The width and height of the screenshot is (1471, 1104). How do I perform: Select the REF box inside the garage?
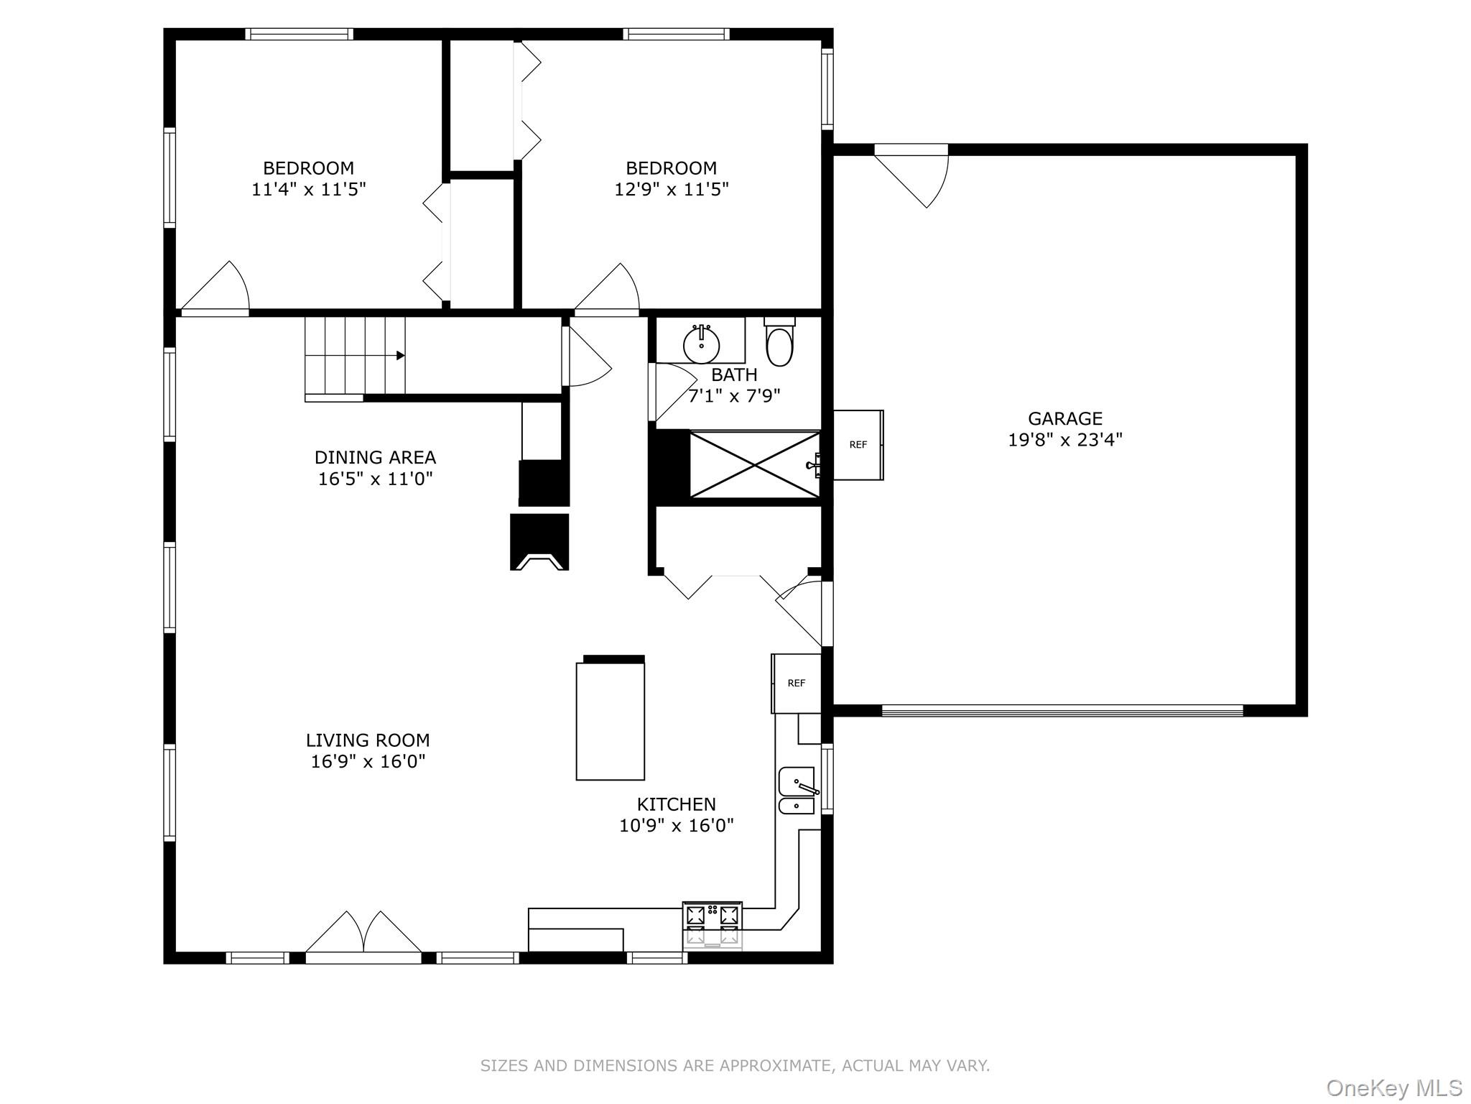point(858,445)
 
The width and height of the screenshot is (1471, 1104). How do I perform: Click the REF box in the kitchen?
point(796,684)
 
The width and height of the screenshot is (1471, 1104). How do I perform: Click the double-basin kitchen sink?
point(797,791)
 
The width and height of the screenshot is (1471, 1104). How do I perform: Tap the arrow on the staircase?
point(400,356)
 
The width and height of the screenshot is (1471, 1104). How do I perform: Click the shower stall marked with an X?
point(754,464)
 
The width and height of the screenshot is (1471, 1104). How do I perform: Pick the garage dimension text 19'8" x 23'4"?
point(1064,440)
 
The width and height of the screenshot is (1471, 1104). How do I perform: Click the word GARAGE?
point(1064,418)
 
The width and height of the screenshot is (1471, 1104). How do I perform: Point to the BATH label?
point(734,375)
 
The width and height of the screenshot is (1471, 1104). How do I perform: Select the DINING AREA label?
point(375,457)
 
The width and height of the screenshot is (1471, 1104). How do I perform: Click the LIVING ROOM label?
point(368,740)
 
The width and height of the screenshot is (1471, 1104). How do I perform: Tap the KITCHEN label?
point(676,804)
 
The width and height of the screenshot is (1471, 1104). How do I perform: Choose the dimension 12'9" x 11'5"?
point(671,190)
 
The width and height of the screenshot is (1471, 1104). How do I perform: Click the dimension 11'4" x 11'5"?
point(308,190)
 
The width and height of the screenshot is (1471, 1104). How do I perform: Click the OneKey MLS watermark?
point(1393,1087)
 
